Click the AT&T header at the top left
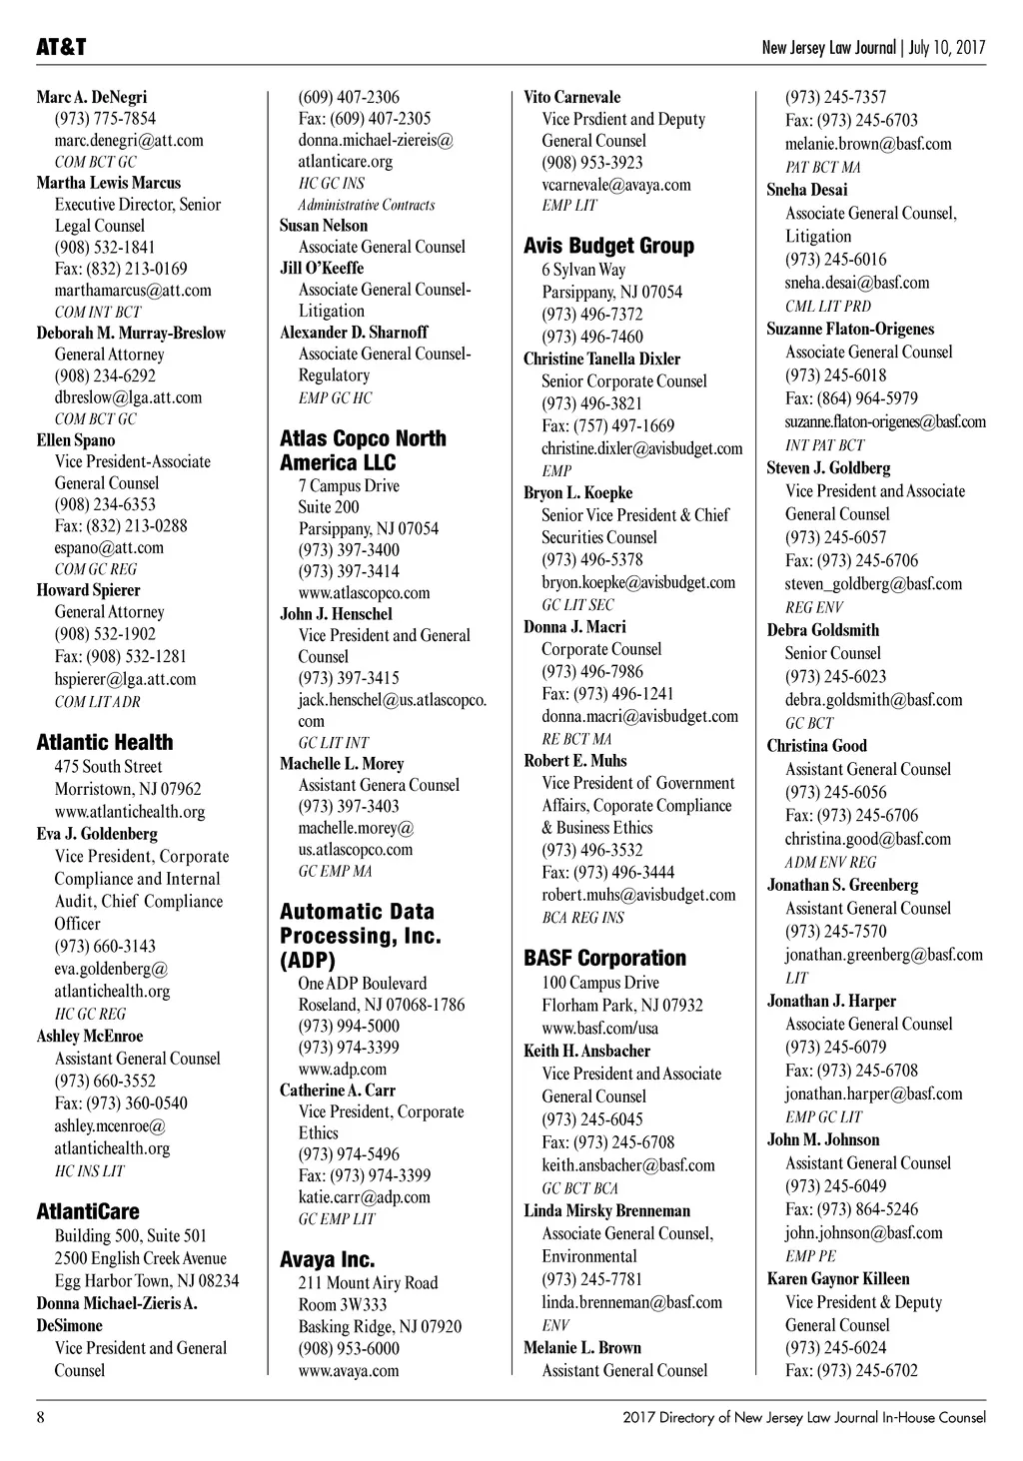tap(62, 48)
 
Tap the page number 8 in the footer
tap(41, 1417)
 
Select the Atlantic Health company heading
tap(105, 742)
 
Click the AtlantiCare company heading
tap(88, 1211)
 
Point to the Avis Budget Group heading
tap(608, 246)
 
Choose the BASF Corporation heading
tap(604, 958)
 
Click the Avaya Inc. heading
tap(327, 1259)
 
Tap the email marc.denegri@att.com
tap(129, 140)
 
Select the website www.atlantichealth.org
tap(130, 811)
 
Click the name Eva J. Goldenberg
tap(97, 833)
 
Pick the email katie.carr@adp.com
tap(364, 1196)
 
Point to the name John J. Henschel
tap(336, 614)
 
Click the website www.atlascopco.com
tap(364, 592)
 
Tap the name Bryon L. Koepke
tap(577, 492)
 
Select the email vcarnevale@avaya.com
tap(616, 184)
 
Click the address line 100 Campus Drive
tap(600, 982)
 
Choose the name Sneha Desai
tap(807, 190)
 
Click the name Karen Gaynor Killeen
tap(838, 1278)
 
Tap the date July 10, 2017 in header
tap(947, 48)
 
